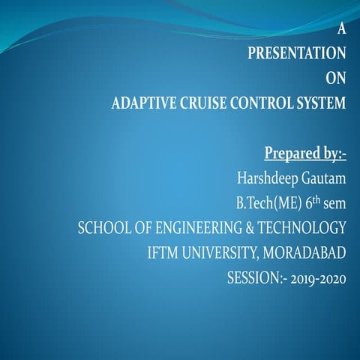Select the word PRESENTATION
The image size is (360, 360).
[x=297, y=53]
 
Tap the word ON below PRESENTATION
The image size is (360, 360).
[x=336, y=78]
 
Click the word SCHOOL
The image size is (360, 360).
[x=104, y=228]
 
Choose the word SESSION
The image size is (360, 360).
[x=254, y=277]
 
